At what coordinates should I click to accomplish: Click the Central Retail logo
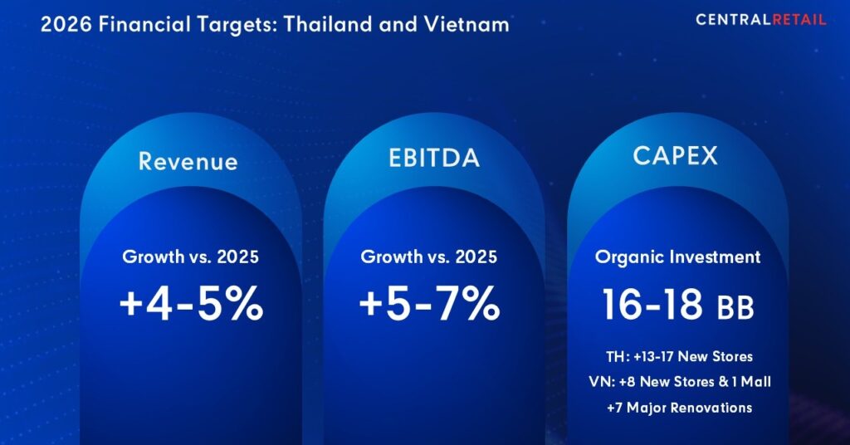(x=760, y=19)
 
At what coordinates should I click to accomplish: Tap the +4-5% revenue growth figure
(x=191, y=305)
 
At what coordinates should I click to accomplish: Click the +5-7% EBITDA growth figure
(x=429, y=305)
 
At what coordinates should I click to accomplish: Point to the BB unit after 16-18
(x=735, y=307)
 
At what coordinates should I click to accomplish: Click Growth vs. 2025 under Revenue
(x=190, y=257)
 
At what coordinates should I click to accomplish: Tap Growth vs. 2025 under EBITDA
(x=429, y=257)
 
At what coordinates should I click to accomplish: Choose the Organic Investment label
(x=677, y=257)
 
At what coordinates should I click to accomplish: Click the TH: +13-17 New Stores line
(x=678, y=356)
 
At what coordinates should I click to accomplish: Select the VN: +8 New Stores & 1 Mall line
(x=678, y=382)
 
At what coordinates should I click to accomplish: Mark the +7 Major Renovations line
(x=678, y=408)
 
